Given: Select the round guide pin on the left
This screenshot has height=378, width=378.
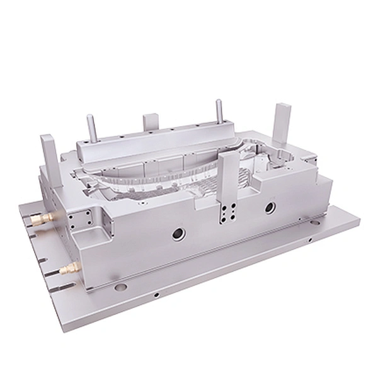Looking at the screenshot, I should click(x=91, y=129).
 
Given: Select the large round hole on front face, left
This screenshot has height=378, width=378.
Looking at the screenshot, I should click(x=178, y=235).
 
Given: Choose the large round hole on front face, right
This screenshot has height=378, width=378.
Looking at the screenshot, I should click(x=270, y=206).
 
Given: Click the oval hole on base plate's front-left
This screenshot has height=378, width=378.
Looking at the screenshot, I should click(x=120, y=287).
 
